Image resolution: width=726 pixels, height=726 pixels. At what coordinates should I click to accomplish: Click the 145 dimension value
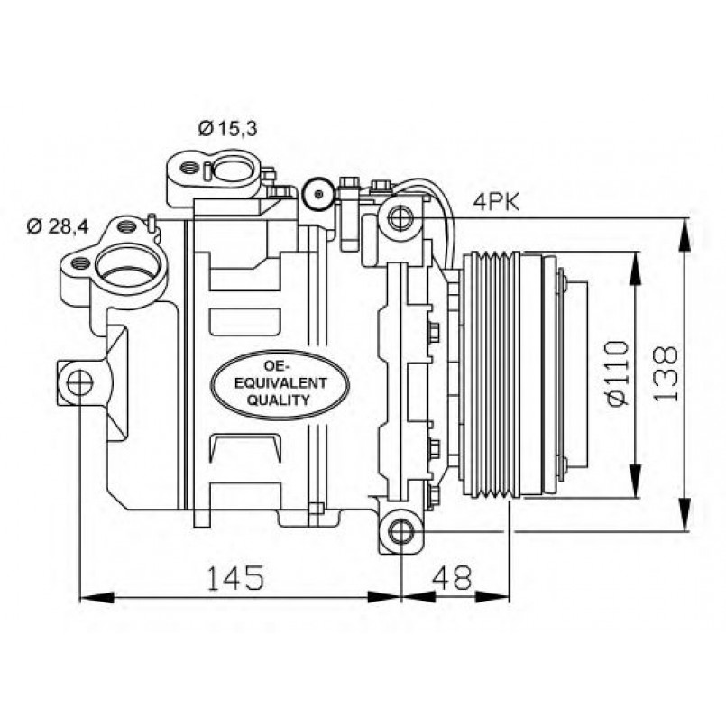[237, 578]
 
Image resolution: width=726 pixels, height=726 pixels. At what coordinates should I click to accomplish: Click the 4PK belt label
[496, 202]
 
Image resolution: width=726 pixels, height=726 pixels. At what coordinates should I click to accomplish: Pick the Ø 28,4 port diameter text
[57, 225]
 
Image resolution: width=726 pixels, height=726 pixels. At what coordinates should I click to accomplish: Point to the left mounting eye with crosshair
[79, 382]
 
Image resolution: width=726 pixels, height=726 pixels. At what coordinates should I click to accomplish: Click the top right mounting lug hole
[400, 216]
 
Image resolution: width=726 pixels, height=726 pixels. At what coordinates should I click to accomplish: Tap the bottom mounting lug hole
[400, 531]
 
